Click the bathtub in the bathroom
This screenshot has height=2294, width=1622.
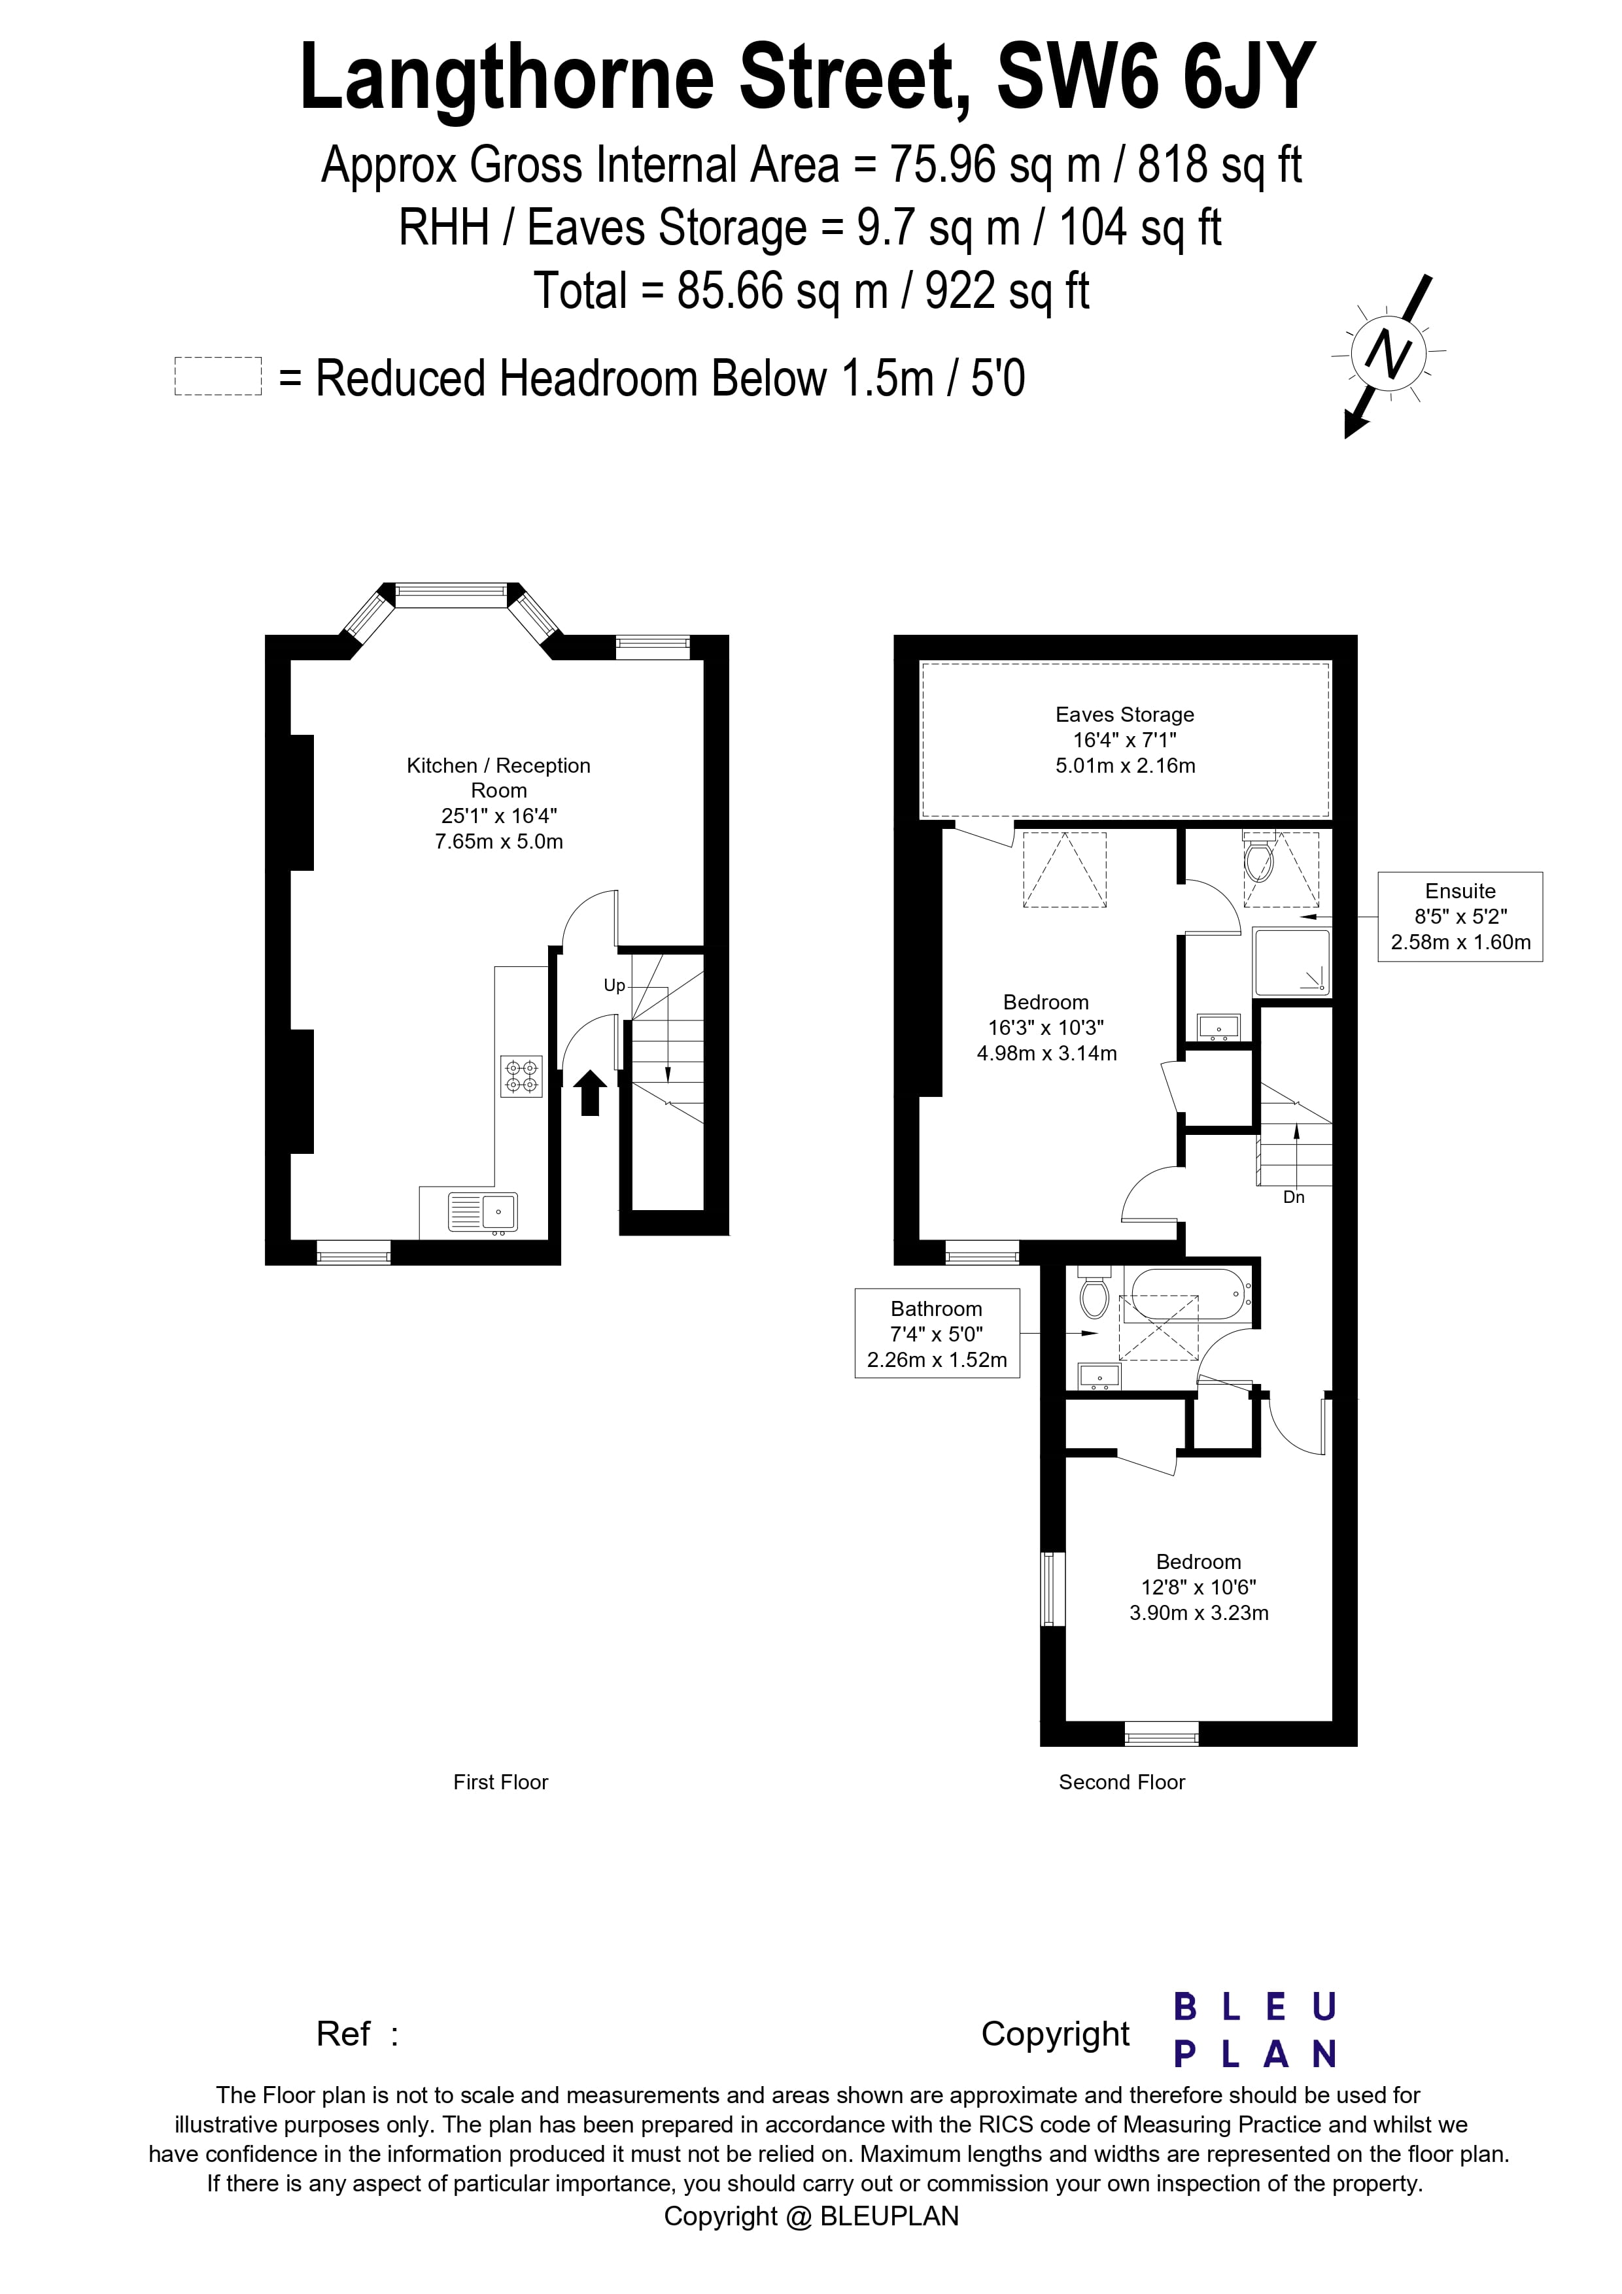(x=1186, y=1296)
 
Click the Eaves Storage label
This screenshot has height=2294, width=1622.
(x=1124, y=715)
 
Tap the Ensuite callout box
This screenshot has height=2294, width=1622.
(x=1459, y=916)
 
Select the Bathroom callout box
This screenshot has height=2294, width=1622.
(x=937, y=1334)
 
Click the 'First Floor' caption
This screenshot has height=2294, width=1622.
(x=501, y=1781)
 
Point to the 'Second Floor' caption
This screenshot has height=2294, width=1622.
(x=1121, y=1781)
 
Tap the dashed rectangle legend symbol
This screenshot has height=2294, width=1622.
(x=218, y=377)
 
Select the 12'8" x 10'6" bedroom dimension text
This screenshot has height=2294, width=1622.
(x=1198, y=1587)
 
